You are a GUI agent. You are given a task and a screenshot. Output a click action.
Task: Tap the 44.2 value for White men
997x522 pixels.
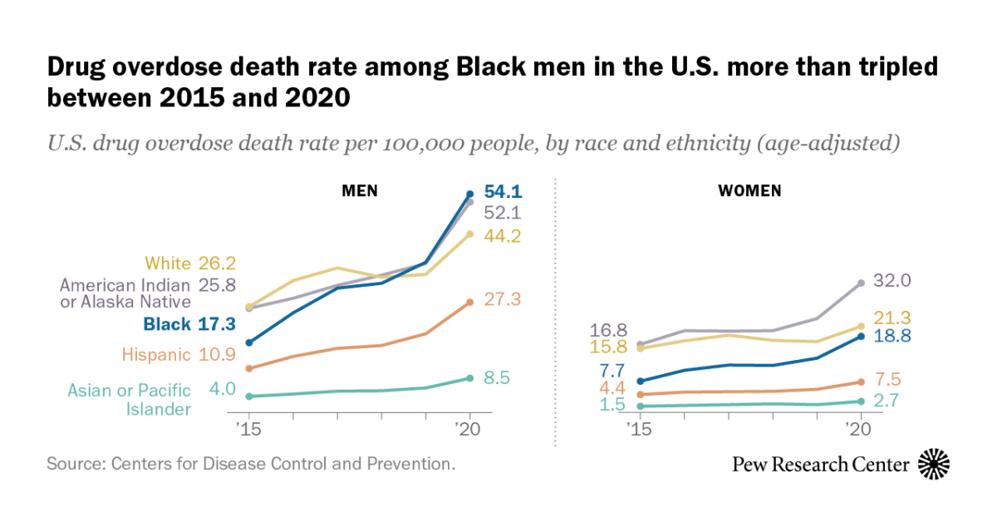pyautogui.click(x=502, y=236)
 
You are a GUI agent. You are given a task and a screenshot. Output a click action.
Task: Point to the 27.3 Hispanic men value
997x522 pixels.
pyautogui.click(x=502, y=299)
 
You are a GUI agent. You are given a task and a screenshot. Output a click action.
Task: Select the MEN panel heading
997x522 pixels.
pyautogui.click(x=360, y=191)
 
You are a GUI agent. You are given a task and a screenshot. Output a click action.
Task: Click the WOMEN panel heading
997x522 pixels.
pyautogui.click(x=749, y=191)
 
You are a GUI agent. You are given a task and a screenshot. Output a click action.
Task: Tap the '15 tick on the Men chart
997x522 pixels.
pyautogui.click(x=248, y=431)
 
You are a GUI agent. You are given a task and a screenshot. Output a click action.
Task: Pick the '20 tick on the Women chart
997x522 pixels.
pyautogui.click(x=860, y=431)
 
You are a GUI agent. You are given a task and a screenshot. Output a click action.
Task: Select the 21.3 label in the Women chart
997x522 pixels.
pyautogui.click(x=892, y=318)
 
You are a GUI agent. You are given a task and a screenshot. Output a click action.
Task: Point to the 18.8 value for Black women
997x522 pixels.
pyautogui.click(x=892, y=336)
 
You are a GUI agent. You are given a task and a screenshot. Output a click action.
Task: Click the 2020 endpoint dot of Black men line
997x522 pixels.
pyautogui.click(x=470, y=195)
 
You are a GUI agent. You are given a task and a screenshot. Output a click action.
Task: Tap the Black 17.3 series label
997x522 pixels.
pyautogui.click(x=189, y=324)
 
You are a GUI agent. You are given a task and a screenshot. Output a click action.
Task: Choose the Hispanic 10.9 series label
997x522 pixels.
pyautogui.click(x=179, y=354)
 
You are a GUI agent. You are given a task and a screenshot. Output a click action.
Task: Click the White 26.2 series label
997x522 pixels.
pyautogui.click(x=190, y=263)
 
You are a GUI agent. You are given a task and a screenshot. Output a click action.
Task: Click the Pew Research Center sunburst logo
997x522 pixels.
pyautogui.click(x=934, y=464)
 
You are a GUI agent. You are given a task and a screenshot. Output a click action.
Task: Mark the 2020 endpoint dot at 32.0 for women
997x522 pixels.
pyautogui.click(x=861, y=283)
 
